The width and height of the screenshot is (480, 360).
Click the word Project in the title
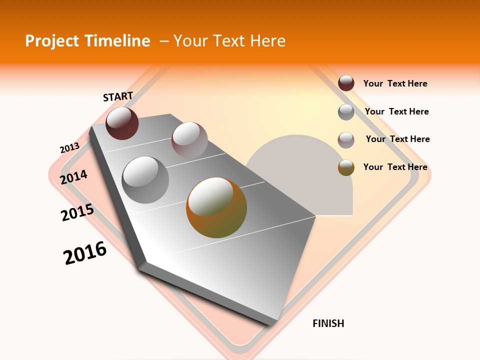[52, 41]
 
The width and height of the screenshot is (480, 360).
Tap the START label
[118, 96]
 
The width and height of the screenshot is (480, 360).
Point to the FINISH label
[328, 323]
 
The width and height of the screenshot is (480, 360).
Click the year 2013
[69, 148]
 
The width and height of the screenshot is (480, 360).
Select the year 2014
[74, 177]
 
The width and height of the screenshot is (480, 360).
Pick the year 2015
[77, 212]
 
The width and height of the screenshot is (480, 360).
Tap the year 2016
[85, 252]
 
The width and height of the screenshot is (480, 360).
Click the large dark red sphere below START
[122, 123]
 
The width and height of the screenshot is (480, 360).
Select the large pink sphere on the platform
[189, 139]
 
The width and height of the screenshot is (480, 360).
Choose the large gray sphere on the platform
[145, 179]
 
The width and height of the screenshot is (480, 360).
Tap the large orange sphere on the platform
[216, 207]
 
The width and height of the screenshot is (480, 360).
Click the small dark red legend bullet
[346, 83]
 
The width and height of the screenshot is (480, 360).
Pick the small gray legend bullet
[346, 112]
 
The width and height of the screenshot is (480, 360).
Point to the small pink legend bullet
[346, 140]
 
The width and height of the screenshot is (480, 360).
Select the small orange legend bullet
[346, 168]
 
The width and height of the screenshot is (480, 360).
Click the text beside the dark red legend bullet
[395, 83]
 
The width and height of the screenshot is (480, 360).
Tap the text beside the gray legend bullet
[396, 111]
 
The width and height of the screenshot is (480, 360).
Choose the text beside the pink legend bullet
[397, 139]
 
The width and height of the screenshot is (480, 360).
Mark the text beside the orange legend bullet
[395, 167]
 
